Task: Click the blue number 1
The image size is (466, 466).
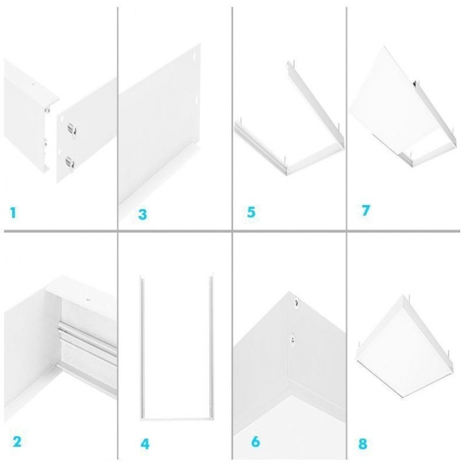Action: [13, 212]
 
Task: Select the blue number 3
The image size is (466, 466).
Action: [142, 214]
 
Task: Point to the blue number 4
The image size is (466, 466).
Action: [145, 444]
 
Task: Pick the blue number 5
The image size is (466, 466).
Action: [251, 212]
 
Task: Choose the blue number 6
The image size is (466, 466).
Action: [255, 442]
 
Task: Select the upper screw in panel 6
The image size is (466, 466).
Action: [295, 301]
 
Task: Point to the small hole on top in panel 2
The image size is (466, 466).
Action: [88, 300]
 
